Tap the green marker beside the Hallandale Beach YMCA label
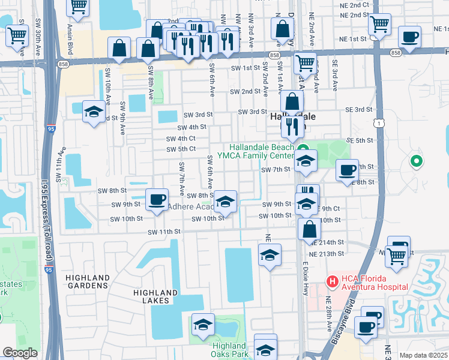point(304,149)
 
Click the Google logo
point(20,353)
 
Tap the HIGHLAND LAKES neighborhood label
point(155,297)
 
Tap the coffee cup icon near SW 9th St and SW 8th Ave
point(157,199)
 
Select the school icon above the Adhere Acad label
point(226,201)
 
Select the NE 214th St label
point(328,242)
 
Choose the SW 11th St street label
point(164,232)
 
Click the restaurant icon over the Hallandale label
point(292,127)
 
